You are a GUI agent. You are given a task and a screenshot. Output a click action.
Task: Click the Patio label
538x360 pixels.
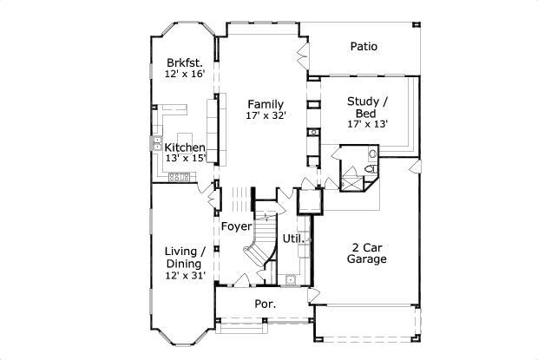pos(364,47)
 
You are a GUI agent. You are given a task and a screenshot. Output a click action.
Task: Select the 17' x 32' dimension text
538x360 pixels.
pos(266,115)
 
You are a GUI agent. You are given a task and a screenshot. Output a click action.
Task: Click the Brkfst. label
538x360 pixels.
pos(185,62)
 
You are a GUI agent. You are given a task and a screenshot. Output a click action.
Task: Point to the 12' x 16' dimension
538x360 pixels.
pos(185,75)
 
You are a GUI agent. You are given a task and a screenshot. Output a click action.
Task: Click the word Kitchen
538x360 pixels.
pos(185,147)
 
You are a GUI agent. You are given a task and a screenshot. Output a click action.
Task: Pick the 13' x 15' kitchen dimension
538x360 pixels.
pos(185,159)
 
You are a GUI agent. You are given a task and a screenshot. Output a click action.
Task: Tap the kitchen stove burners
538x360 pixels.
pos(180,177)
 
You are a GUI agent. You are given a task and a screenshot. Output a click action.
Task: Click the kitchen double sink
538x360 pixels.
pos(159,142)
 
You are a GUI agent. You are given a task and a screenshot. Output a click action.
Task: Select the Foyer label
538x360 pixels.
pos(236,226)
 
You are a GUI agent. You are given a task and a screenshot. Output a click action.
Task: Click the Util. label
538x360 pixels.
pos(292,238)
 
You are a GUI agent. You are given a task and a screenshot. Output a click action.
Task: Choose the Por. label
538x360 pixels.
pos(265,304)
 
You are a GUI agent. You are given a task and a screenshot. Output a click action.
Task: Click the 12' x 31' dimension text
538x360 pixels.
pos(184,276)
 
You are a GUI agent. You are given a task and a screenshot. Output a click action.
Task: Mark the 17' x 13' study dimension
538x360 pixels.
pos(367,123)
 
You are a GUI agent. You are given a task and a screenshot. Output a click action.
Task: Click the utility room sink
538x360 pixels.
pos(289,279)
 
